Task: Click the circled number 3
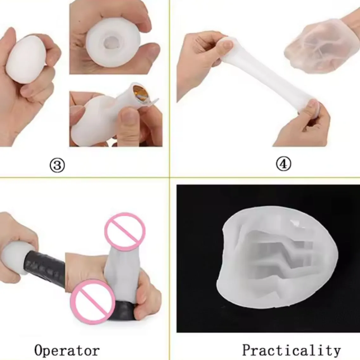pos(57,165)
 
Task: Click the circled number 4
pos(283,164)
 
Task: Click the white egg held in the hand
pos(26,60)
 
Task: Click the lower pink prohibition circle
pos(93,302)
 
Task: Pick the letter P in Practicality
pos(247,350)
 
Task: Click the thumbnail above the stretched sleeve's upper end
pos(225,45)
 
